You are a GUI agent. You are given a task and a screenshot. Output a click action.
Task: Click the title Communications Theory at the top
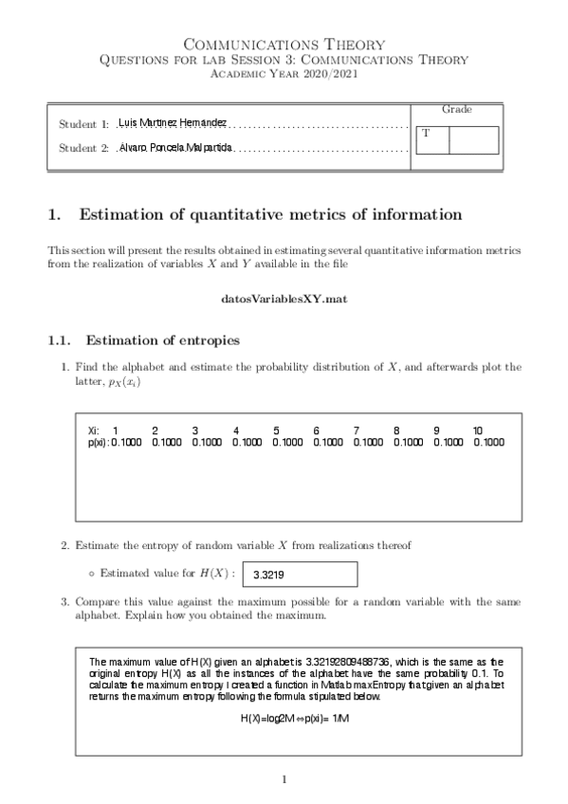pyautogui.click(x=284, y=44)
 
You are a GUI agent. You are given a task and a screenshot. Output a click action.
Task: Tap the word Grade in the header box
pyautogui.click(x=457, y=110)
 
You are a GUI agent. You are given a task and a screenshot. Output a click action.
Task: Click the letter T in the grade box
pyautogui.click(x=426, y=134)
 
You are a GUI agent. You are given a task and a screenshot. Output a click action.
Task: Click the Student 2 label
pyautogui.click(x=83, y=148)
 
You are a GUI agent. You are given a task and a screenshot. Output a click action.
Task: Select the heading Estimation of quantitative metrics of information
pyautogui.click(x=271, y=215)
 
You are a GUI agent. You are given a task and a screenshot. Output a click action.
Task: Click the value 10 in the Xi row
pyautogui.click(x=478, y=430)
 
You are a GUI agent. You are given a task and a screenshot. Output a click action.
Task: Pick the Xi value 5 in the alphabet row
pyautogui.click(x=276, y=430)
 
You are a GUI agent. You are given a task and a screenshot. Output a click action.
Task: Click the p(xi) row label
pyautogui.click(x=97, y=442)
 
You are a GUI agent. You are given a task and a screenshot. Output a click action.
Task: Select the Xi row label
pyautogui.click(x=93, y=430)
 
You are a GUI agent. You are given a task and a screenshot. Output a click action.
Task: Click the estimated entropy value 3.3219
pyautogui.click(x=269, y=575)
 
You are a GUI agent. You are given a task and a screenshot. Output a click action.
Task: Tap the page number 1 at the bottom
pyautogui.click(x=284, y=779)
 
